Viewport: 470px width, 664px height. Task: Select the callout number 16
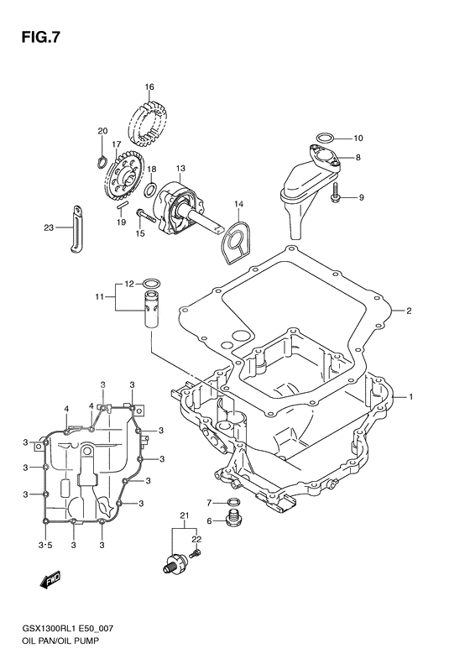[149, 86]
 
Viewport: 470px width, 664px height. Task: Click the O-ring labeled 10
[326, 138]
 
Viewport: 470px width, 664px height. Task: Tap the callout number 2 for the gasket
[408, 311]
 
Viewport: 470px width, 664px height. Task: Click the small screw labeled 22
[196, 552]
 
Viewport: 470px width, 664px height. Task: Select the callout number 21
[183, 515]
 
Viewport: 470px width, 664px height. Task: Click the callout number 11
[99, 296]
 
